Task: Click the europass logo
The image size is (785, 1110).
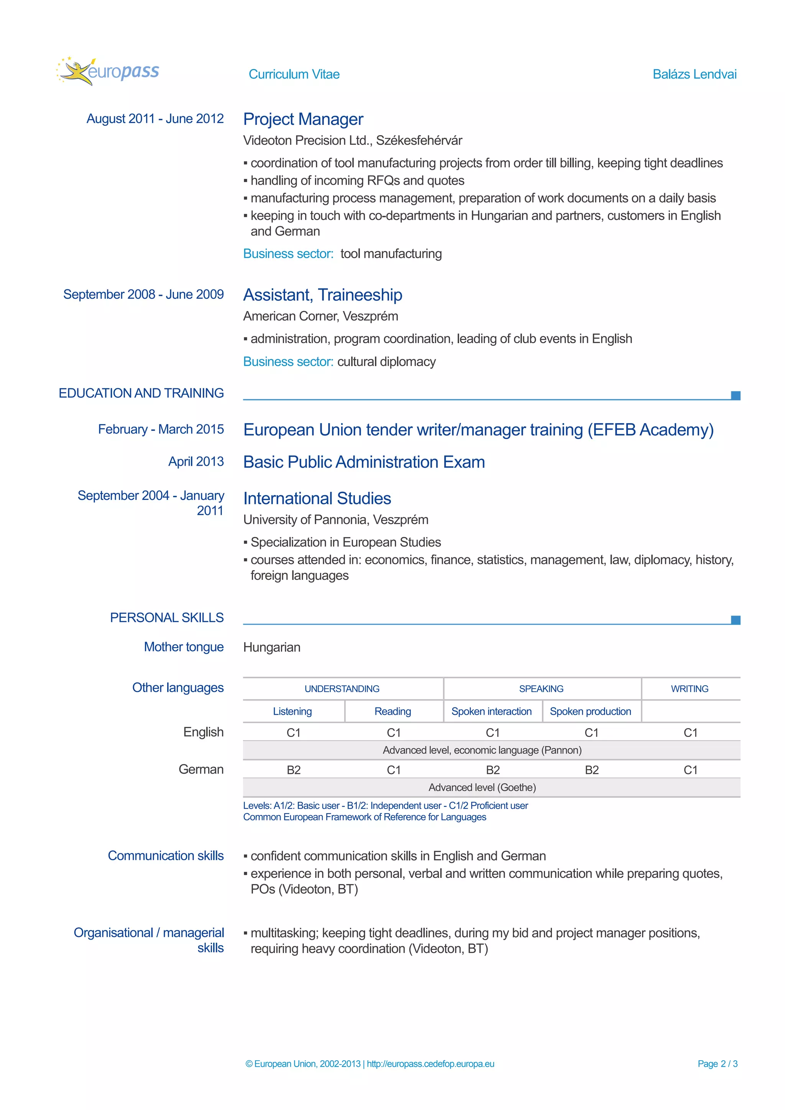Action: coord(108,72)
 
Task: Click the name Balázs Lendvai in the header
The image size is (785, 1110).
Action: coord(694,74)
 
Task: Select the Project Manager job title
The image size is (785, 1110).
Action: coord(303,119)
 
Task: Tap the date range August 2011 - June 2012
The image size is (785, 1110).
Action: coord(155,118)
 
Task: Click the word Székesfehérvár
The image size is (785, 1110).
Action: coord(419,140)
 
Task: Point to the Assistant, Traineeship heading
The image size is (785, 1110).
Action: coord(323,295)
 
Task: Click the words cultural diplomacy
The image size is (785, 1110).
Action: coord(386,362)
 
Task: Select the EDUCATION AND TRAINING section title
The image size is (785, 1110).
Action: coord(141,393)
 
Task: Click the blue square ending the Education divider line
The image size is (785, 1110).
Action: coord(735,395)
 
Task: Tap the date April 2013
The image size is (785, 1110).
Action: coord(196,461)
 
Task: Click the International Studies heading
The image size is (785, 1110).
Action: coord(317,498)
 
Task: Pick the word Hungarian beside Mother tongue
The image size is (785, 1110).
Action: coord(272,647)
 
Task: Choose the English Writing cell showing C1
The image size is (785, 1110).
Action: coord(690,732)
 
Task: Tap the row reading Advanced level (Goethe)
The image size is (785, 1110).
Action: coord(482,787)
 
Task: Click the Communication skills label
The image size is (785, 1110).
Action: coord(166,855)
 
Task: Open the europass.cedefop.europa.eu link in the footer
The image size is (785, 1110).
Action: coord(430,1063)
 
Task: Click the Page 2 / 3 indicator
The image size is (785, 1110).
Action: coord(717,1063)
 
